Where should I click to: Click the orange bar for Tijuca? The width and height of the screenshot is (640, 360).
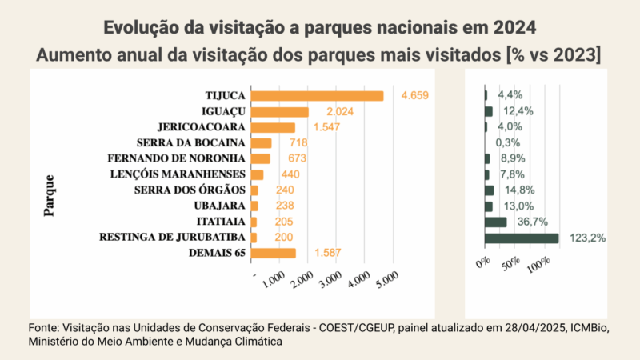point(317,96)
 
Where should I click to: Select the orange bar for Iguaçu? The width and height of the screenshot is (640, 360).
point(279,112)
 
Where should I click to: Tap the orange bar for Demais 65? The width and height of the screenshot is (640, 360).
point(273,254)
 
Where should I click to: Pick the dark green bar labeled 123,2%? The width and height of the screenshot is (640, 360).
point(522,238)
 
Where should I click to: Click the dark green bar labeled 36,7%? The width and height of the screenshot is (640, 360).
point(495,222)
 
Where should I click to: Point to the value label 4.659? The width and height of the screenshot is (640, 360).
point(415,96)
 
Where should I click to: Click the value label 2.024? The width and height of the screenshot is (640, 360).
point(340,112)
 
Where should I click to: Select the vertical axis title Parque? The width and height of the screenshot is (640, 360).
point(50,195)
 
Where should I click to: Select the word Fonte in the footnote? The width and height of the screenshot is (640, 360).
point(44,327)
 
